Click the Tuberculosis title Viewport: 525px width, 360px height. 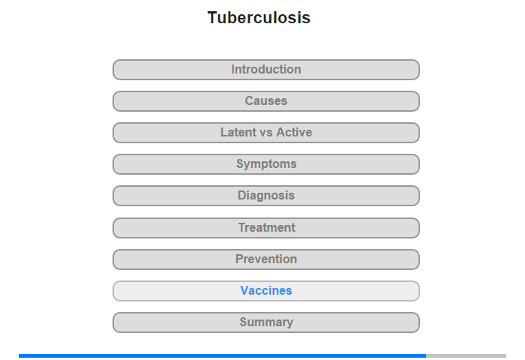259,18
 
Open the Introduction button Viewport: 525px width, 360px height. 266,70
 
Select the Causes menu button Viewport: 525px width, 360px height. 266,101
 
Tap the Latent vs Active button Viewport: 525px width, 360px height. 266,133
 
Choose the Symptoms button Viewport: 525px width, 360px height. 266,164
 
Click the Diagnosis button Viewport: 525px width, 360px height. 266,196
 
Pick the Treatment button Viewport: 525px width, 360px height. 266,227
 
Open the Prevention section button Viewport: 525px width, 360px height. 266,259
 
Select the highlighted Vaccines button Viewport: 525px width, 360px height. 266,290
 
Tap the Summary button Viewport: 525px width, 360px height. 266,322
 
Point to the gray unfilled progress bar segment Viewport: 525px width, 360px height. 466,355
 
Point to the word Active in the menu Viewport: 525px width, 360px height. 294,133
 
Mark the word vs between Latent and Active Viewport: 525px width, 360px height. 266,133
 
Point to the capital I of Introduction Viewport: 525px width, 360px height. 233,70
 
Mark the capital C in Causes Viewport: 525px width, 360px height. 249,101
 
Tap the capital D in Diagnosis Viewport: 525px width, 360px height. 242,196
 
